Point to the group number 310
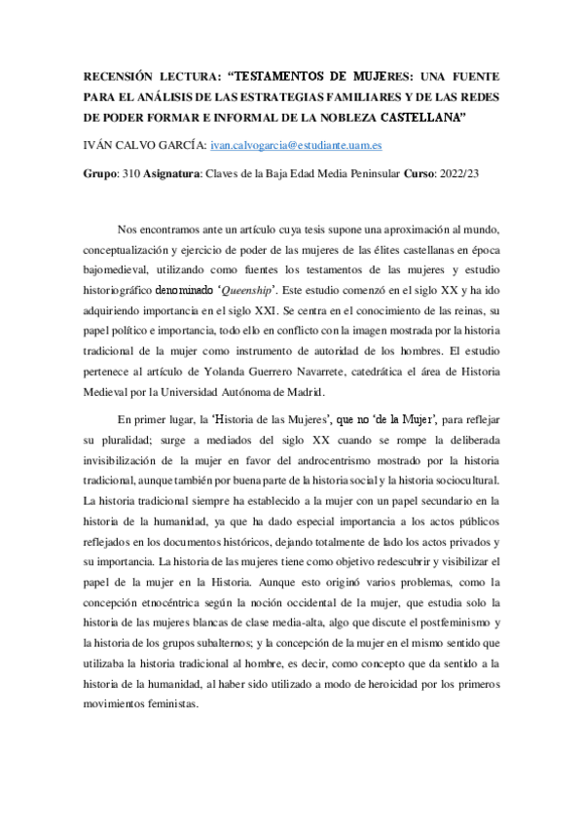click(134, 172)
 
